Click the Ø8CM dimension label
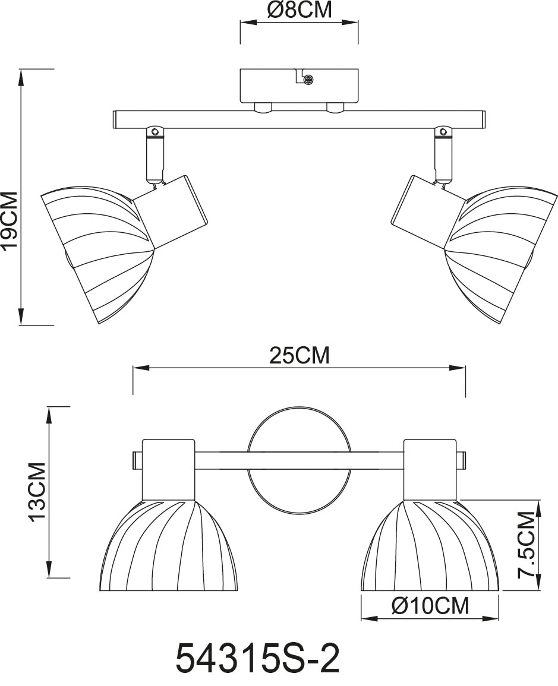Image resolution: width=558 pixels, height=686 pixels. [x=299, y=10]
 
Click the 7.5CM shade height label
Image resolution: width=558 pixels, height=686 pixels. [x=527, y=545]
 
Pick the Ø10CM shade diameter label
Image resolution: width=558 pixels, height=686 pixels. [x=430, y=606]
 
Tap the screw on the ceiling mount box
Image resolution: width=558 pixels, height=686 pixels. [x=308, y=79]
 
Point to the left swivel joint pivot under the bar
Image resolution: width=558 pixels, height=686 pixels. [x=155, y=131]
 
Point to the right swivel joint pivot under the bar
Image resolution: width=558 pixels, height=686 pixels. [x=442, y=131]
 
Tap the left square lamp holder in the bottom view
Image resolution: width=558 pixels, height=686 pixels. [x=168, y=469]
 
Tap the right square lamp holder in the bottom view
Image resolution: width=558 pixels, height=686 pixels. [x=430, y=469]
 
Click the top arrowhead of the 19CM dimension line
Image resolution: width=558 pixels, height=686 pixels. [x=21, y=74]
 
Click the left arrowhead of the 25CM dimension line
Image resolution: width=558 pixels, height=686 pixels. [x=138, y=368]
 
